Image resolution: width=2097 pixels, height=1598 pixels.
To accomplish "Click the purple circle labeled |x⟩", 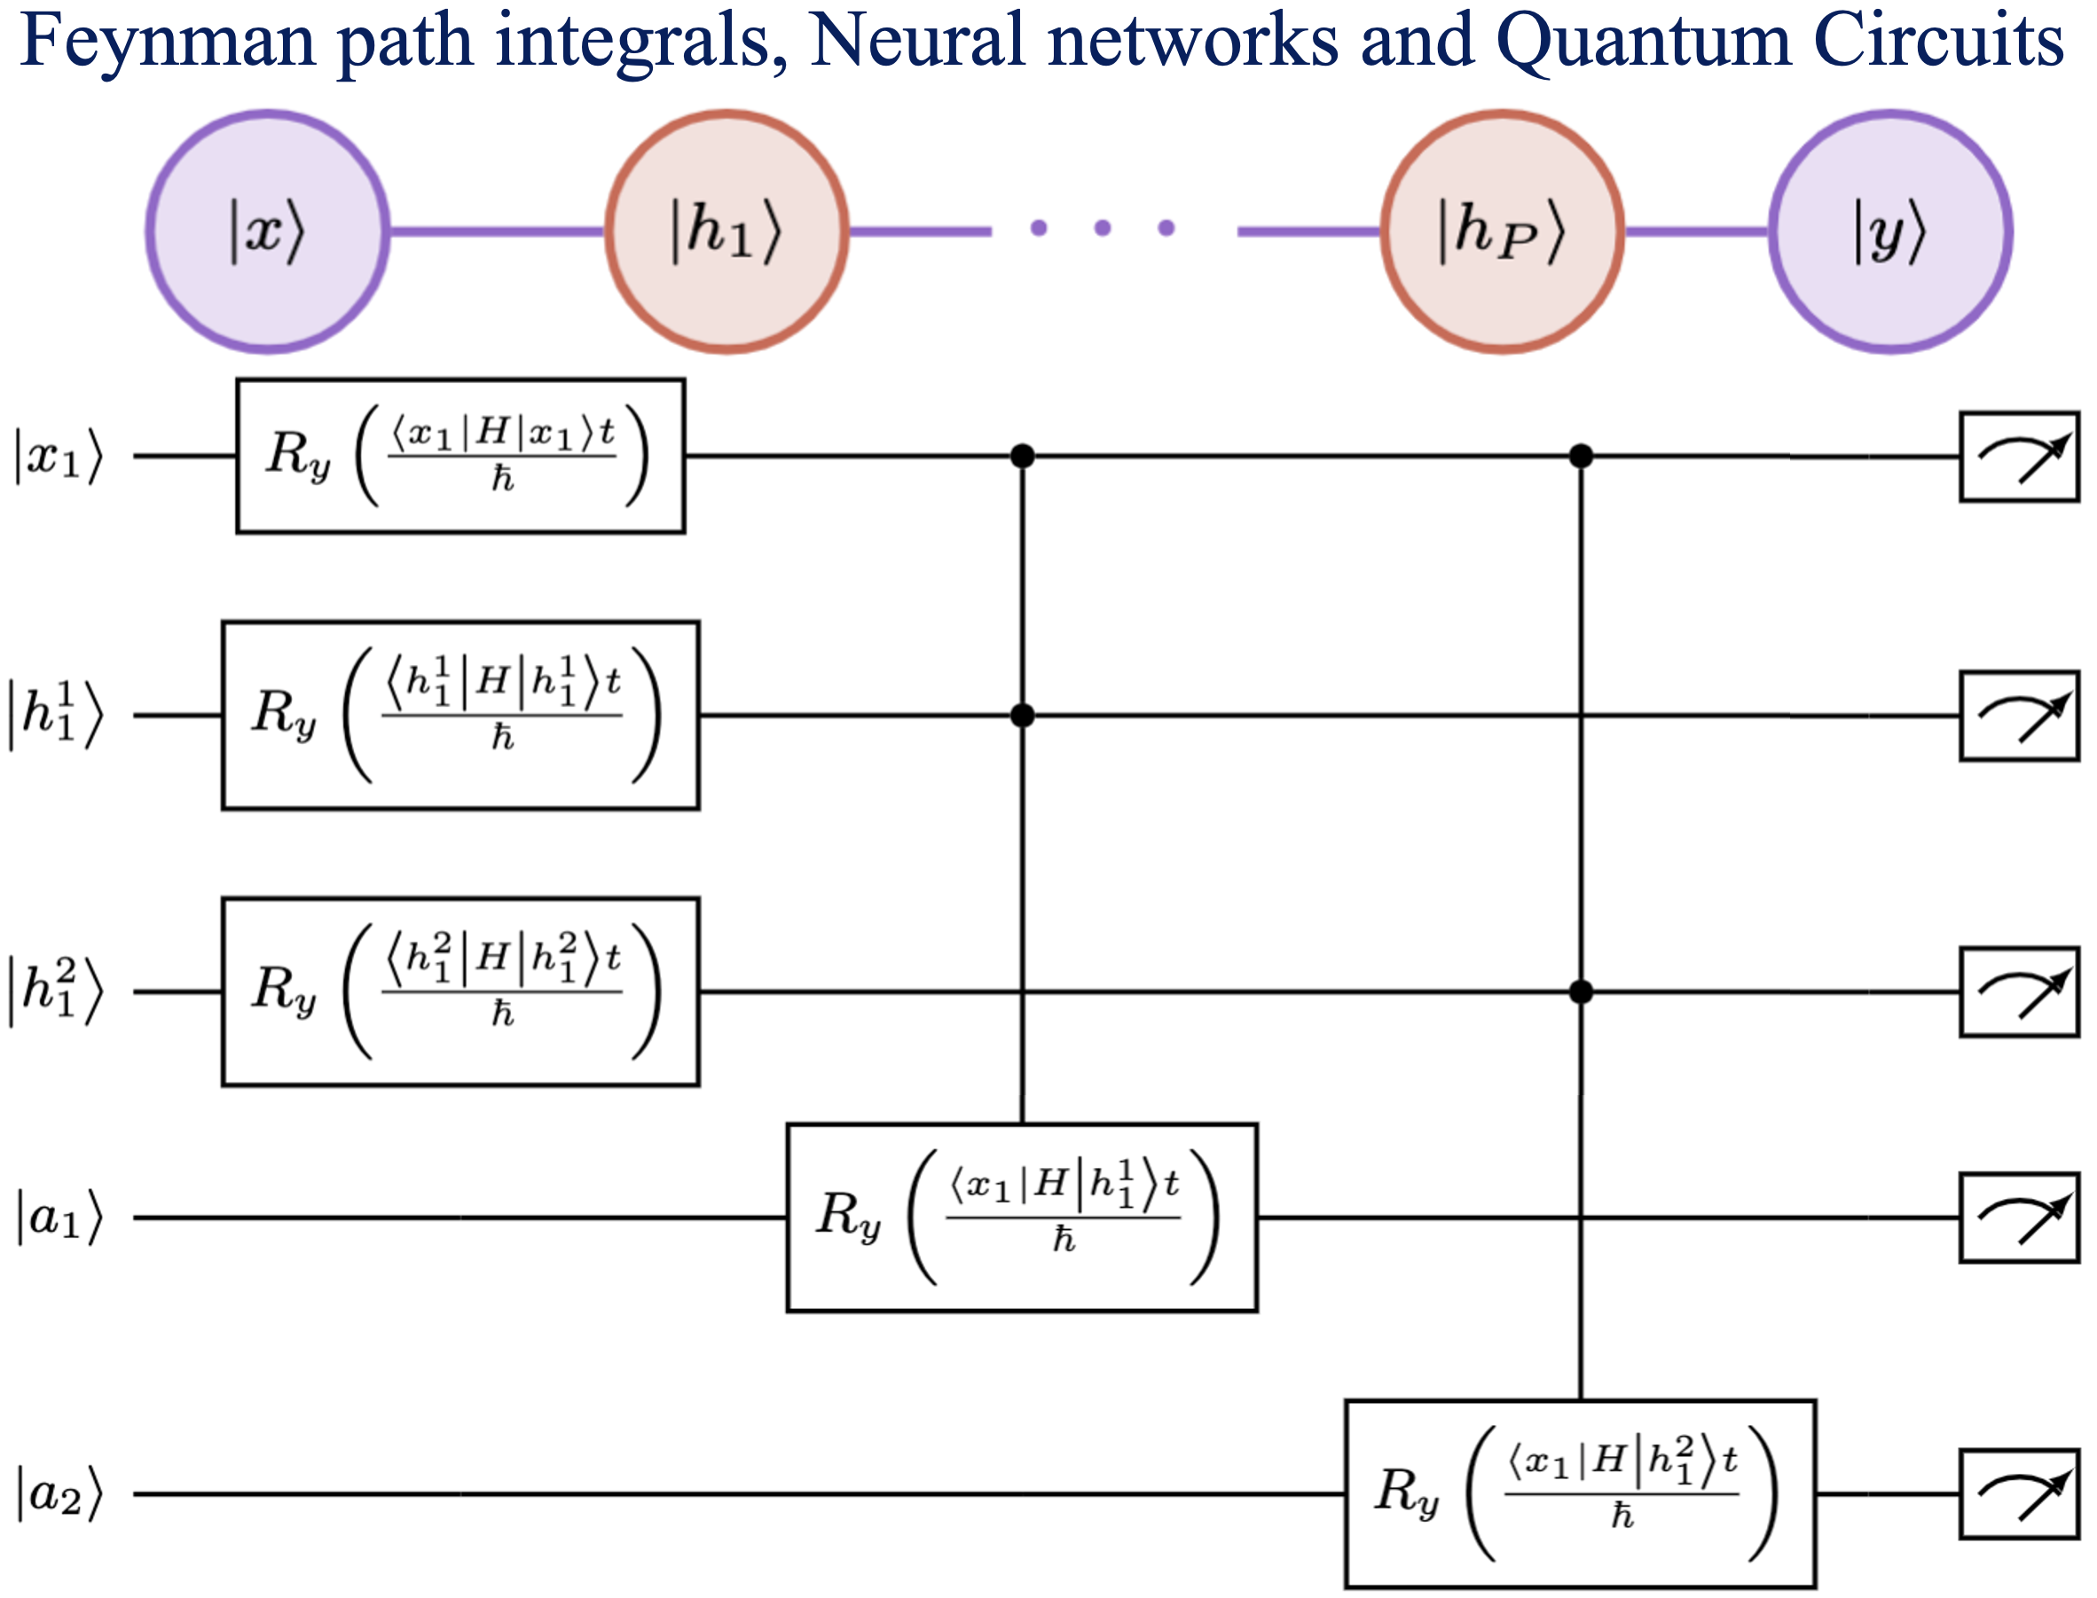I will coord(267,231).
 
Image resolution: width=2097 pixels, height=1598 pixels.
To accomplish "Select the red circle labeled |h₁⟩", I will coord(726,231).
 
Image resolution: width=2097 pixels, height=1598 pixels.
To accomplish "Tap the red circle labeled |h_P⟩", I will coord(1503,231).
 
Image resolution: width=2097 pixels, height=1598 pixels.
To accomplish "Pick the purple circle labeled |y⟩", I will coord(1890,231).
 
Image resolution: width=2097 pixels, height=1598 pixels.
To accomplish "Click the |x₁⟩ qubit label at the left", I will coord(57,457).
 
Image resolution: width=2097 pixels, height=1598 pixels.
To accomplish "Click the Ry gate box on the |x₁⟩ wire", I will coord(460,457).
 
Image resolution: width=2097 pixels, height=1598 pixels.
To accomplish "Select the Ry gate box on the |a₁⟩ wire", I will coord(1022,1218).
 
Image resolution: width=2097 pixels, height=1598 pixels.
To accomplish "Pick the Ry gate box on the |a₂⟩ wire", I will coord(1581,1493).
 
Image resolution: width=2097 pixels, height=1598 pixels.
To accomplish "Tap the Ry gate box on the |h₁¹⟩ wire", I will coord(460,716).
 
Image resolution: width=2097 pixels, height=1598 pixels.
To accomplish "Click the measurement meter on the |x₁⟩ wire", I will coord(2019,457).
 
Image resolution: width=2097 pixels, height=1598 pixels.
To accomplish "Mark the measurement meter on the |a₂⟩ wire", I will coord(2019,1493).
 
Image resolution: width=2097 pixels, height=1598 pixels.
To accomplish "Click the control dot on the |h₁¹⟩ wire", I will coord(1023,716).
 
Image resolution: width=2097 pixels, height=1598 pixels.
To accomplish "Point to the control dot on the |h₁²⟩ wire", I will coord(1582,992).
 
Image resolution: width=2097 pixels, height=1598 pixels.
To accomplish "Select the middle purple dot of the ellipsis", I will coord(1103,227).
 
